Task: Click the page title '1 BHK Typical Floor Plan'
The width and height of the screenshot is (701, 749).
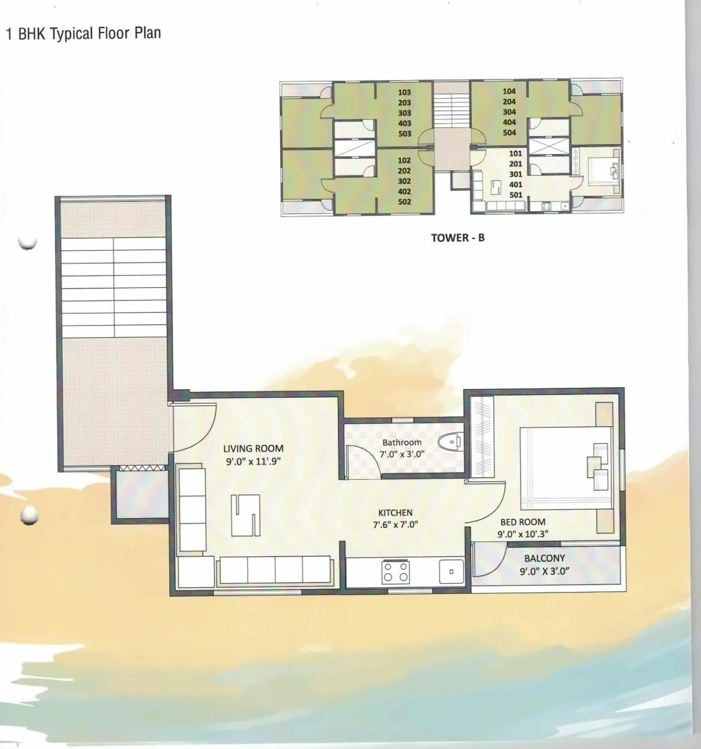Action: coord(83,33)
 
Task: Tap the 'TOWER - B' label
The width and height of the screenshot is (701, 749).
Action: coord(457,237)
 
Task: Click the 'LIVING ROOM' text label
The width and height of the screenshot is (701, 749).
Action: coord(253,449)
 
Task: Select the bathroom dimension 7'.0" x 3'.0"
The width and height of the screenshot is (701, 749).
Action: coord(401,454)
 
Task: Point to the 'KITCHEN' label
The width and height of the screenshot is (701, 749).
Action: coord(395,513)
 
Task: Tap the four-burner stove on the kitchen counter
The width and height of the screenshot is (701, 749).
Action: coord(395,572)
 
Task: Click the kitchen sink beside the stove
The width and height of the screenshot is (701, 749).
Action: coord(451,572)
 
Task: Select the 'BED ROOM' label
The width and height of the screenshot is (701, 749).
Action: coord(522,522)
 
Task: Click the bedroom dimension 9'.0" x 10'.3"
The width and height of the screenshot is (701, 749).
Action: coord(522,534)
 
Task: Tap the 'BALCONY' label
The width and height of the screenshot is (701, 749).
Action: coord(544,558)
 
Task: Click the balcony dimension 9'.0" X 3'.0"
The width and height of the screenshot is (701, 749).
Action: coord(544,571)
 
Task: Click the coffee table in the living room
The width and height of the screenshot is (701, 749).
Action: coord(245,515)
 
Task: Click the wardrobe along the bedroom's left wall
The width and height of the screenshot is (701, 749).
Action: coord(482,437)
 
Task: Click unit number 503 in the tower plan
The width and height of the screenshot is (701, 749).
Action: coord(404,133)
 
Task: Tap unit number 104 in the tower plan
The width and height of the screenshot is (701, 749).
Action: coord(509,91)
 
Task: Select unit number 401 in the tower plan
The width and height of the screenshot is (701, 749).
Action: coord(515,184)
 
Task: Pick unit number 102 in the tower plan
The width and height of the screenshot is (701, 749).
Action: coord(404,160)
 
